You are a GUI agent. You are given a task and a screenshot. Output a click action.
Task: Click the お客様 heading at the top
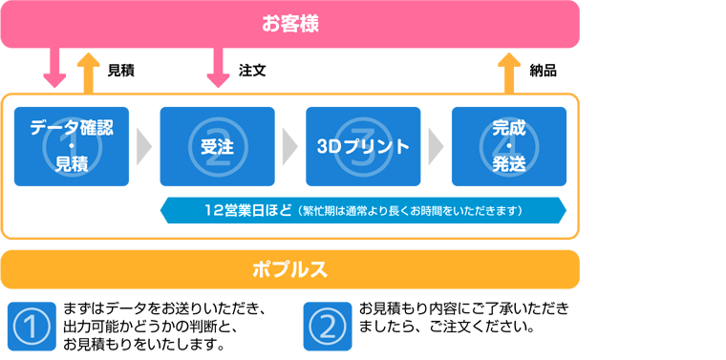[x=289, y=23]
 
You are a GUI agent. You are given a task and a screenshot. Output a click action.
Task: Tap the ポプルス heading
[x=289, y=269]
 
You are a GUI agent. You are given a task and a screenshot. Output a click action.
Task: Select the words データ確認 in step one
[x=72, y=126]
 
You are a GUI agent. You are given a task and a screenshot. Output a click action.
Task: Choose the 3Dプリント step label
[x=363, y=147]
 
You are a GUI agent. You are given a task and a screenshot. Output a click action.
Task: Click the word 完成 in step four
[x=508, y=126]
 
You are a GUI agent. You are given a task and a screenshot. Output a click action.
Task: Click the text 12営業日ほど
[x=247, y=209]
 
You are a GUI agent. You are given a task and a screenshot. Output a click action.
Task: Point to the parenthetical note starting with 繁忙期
[x=411, y=210]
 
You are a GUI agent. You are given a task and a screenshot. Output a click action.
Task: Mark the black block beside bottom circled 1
[x=158, y=323]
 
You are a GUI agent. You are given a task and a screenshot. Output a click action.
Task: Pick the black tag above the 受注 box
[x=258, y=70]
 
